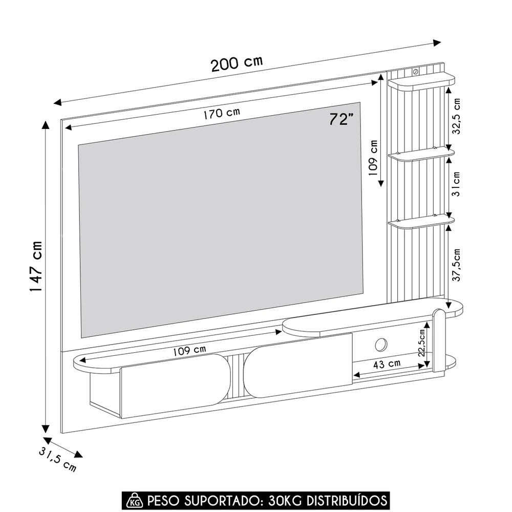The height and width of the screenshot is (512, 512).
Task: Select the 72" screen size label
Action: pyautogui.click(x=342, y=119)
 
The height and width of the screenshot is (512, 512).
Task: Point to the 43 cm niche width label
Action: pyautogui.click(x=387, y=364)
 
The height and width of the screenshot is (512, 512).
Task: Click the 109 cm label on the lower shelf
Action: pyautogui.click(x=189, y=351)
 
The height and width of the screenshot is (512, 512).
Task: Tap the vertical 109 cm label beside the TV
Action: pyautogui.click(x=374, y=158)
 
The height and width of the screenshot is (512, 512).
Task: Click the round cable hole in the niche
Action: pyautogui.click(x=381, y=345)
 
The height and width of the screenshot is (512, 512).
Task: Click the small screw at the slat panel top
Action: pyautogui.click(x=415, y=71)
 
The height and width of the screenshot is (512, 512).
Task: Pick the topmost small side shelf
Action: pyautogui.click(x=421, y=81)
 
